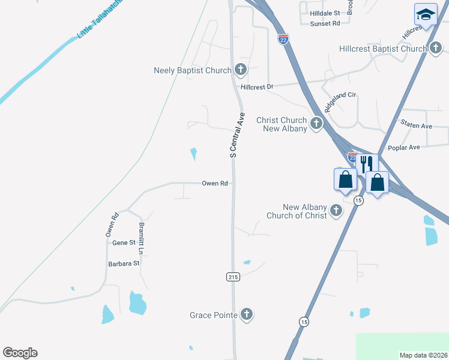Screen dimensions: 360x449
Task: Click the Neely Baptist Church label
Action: tap(192, 70)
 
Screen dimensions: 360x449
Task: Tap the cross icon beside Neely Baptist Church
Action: tap(240, 70)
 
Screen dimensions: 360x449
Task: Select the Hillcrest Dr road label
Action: tap(257, 87)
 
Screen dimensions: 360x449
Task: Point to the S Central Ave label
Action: tap(237, 134)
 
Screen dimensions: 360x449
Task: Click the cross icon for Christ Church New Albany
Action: tap(316, 124)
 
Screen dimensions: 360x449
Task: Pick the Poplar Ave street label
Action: tap(404, 148)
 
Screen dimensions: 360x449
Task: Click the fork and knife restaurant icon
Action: tap(366, 163)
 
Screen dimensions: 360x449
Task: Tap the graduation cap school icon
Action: tap(425, 14)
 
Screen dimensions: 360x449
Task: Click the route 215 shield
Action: tap(234, 277)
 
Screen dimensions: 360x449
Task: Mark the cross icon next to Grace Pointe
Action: tap(246, 314)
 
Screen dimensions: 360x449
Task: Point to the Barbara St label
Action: tap(124, 263)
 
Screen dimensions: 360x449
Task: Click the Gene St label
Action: tap(124, 242)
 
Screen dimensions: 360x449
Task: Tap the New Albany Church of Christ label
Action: tap(297, 211)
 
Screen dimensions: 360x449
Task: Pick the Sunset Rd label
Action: tap(325, 23)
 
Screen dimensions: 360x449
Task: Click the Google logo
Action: tap(20, 353)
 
